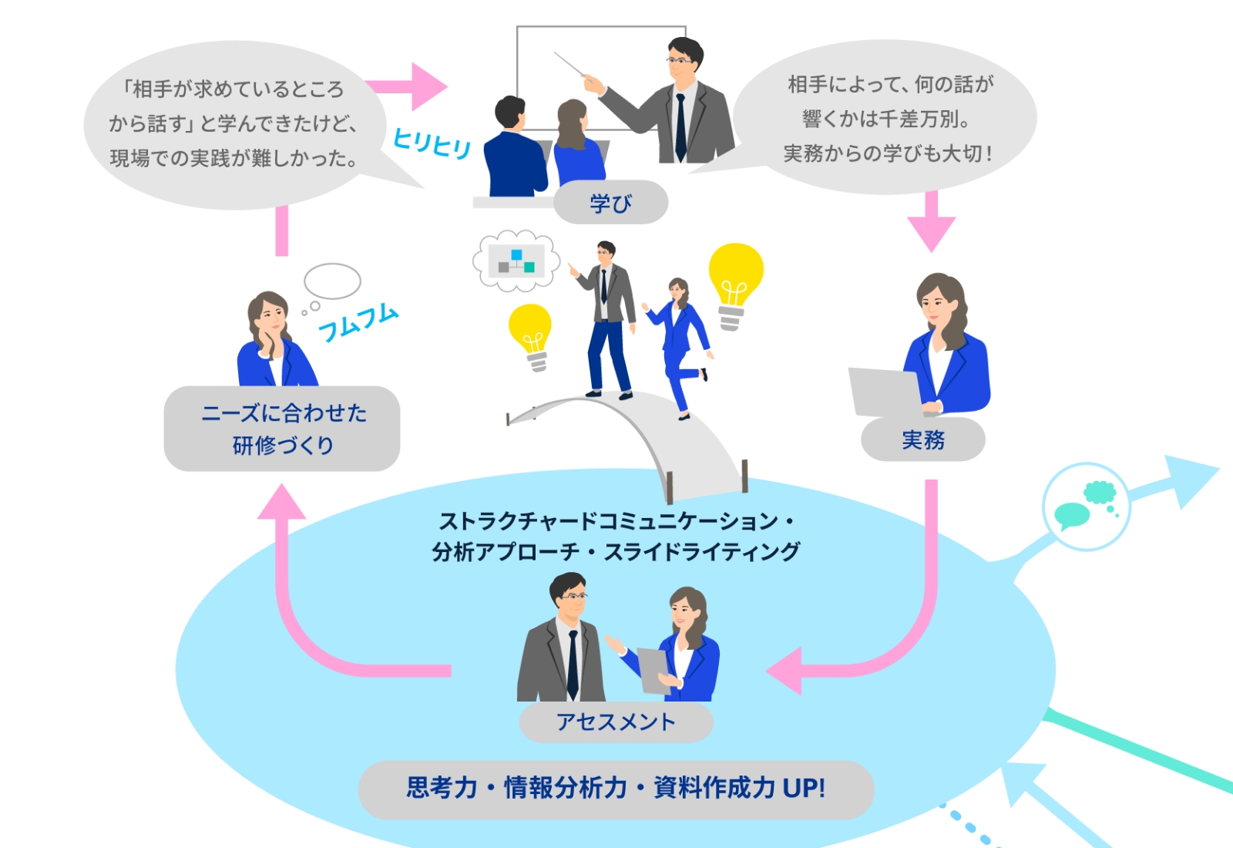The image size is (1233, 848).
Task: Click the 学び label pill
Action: click(x=610, y=203)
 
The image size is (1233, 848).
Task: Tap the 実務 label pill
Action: click(x=922, y=439)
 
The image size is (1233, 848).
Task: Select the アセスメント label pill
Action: click(x=616, y=722)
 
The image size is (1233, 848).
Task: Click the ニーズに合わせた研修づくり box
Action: click(x=282, y=429)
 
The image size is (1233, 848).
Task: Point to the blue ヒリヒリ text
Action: click(x=432, y=143)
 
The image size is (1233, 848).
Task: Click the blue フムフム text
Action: click(x=358, y=322)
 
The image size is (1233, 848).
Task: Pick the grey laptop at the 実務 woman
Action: click(x=885, y=392)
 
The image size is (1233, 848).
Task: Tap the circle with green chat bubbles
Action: click(x=1086, y=506)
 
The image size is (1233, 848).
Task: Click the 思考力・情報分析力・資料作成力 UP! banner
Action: click(x=616, y=789)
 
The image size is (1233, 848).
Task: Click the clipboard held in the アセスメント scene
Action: click(x=655, y=669)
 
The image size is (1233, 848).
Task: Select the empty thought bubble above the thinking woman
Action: click(x=332, y=281)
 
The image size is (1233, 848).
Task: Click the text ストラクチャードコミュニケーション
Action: click(x=609, y=521)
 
